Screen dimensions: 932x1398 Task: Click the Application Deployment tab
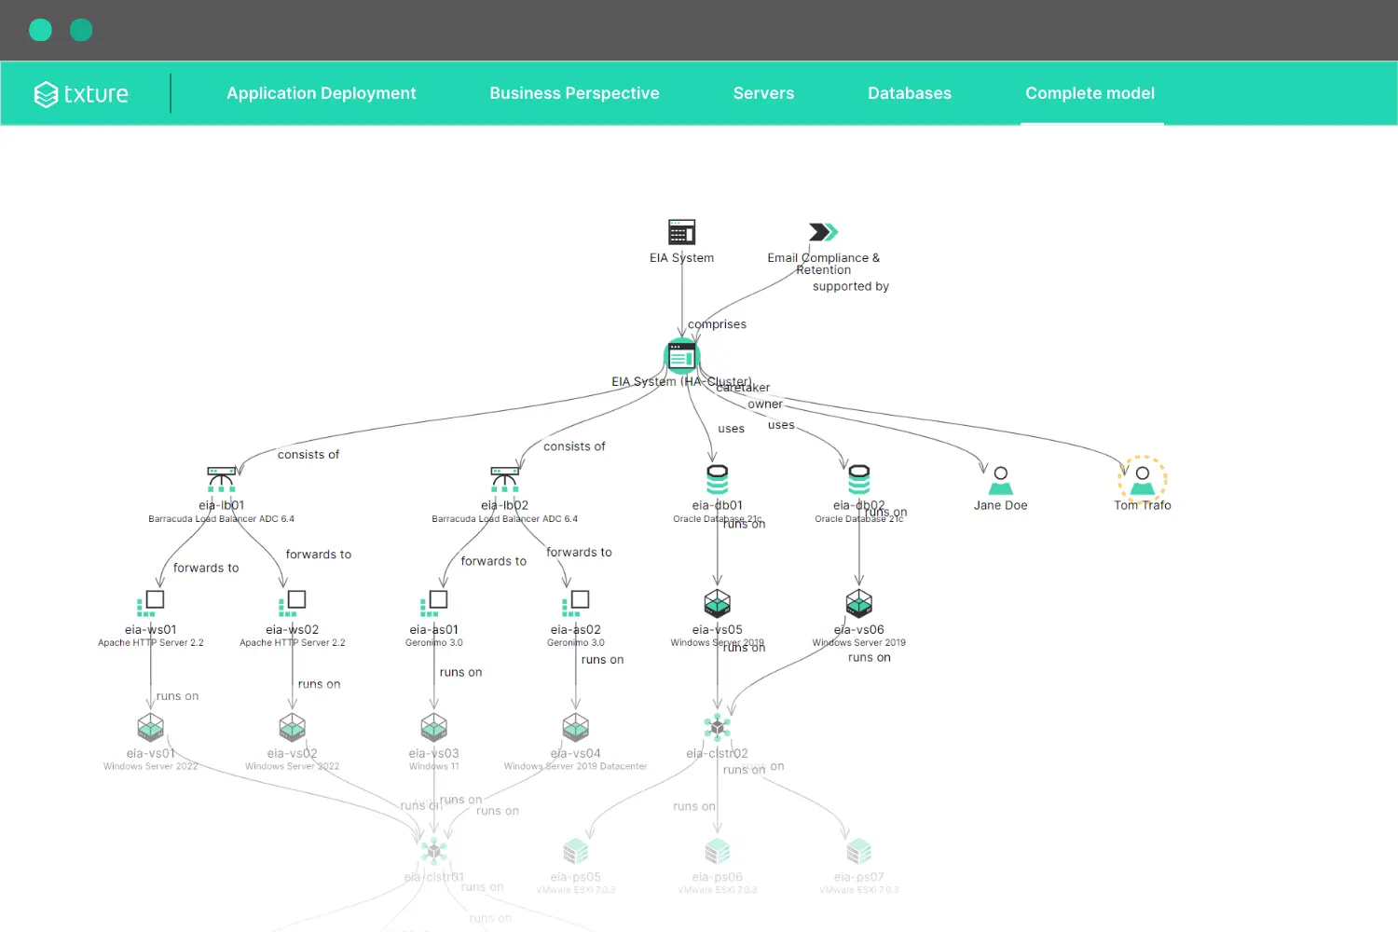[321, 93]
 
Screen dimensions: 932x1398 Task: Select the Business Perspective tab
[574, 93]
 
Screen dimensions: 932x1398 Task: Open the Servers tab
[763, 93]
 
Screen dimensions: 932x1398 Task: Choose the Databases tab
[910, 93]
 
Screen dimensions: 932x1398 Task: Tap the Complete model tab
[1090, 93]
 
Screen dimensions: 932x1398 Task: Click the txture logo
[82, 93]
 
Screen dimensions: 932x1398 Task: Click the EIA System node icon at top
[682, 232]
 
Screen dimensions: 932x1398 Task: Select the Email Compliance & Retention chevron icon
[823, 232]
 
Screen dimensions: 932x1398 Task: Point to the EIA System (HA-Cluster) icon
[682, 356]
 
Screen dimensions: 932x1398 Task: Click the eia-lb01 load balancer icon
[221, 479]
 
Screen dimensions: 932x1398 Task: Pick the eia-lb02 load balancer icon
[504, 479]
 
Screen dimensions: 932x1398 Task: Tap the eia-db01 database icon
[718, 479]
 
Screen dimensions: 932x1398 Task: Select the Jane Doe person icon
[1001, 480]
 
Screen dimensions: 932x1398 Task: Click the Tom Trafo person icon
[1143, 480]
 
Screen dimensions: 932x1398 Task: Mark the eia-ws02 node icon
[292, 603]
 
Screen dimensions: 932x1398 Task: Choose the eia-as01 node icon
[433, 603]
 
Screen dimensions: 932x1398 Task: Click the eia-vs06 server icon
[859, 603]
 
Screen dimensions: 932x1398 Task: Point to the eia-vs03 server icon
[434, 727]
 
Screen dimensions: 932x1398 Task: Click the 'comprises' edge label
[717, 324]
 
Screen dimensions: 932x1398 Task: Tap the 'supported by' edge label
[850, 286]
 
